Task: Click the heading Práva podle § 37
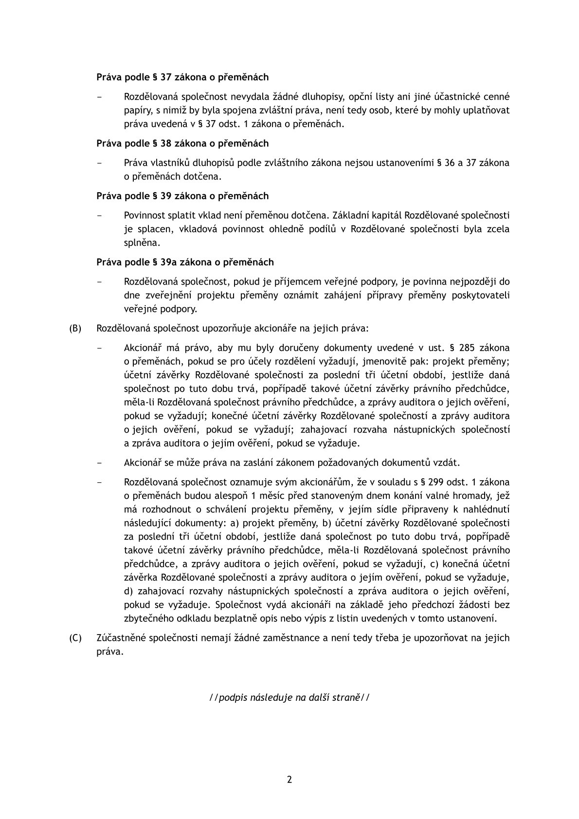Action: coord(182,77)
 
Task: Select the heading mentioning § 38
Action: coord(182,143)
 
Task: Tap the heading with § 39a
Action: coord(185,262)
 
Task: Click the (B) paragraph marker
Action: coord(75,328)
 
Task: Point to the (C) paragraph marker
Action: coord(75,637)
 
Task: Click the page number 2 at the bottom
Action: coord(289,780)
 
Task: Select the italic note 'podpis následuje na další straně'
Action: coord(289,697)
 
